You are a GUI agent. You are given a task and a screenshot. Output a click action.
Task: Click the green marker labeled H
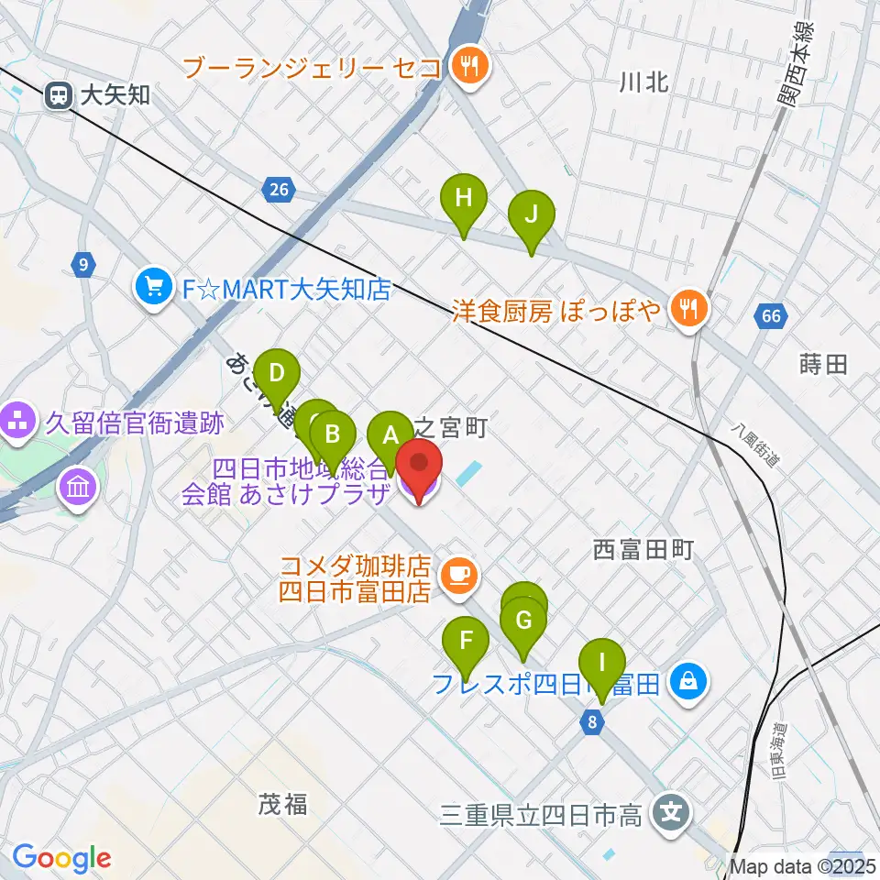click(465, 198)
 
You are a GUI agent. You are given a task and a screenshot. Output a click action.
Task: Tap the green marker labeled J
click(532, 214)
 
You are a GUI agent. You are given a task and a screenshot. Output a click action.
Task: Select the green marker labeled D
click(276, 375)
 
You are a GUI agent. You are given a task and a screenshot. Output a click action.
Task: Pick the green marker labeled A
click(390, 434)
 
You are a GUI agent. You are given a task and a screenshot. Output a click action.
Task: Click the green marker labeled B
click(334, 434)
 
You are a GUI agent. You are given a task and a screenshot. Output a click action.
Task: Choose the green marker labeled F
click(467, 641)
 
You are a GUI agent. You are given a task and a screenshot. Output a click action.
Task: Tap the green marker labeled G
click(523, 621)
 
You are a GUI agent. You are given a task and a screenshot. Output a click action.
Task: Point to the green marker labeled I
click(601, 662)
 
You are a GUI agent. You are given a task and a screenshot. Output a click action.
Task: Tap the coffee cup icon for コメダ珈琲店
click(456, 576)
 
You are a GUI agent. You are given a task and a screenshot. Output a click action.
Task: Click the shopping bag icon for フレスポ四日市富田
click(687, 680)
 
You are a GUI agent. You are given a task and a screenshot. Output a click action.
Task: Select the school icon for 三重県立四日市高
click(671, 812)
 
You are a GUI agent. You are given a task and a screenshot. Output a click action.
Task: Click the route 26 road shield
click(279, 190)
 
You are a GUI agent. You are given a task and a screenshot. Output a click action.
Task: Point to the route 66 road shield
click(771, 317)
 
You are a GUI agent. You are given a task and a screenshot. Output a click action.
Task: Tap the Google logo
click(61, 858)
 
